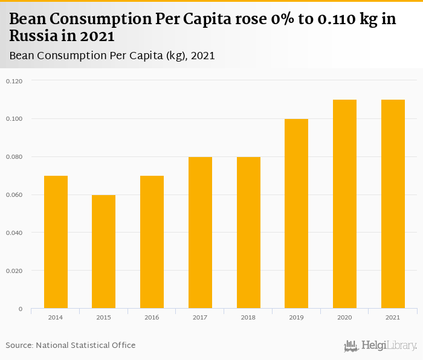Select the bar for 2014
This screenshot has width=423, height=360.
point(56,242)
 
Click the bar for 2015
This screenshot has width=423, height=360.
point(103,251)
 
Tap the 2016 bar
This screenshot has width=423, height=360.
point(152,242)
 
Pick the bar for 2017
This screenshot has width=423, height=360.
point(200,233)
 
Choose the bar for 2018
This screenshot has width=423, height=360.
point(248,233)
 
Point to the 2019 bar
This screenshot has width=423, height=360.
point(296,213)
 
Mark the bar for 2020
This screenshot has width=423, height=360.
point(344,204)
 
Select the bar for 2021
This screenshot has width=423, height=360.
point(393,204)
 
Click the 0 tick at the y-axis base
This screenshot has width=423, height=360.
point(20,309)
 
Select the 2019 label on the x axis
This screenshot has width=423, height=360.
point(296,317)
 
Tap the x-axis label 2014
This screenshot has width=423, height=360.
point(56,317)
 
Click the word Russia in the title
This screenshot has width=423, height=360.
point(31,36)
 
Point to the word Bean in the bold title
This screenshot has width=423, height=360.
point(28,19)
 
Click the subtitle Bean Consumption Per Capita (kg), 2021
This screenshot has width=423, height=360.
point(112,56)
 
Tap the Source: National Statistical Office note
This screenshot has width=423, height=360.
point(71,345)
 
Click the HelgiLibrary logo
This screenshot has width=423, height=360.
point(380,346)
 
